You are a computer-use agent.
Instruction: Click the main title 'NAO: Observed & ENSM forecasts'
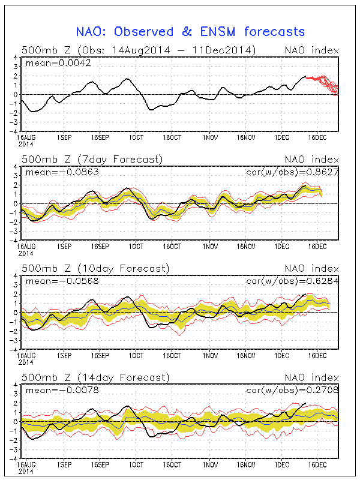[x=190, y=32]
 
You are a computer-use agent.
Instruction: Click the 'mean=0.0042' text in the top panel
[x=58, y=63]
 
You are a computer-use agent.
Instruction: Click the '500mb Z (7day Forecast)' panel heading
[x=92, y=159]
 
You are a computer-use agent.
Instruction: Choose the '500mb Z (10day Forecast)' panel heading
[x=95, y=268]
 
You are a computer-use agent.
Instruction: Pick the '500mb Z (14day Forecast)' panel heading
[x=95, y=377]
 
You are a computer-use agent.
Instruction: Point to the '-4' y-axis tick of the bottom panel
[x=13, y=458]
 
